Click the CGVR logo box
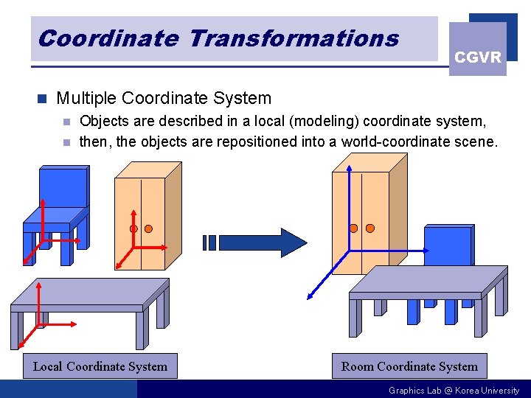478,49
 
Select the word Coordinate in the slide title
108,38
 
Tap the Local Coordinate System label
100,366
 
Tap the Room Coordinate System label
409,366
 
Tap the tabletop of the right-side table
428,281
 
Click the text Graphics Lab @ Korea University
454,390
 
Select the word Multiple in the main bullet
86,98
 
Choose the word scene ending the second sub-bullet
476,141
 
